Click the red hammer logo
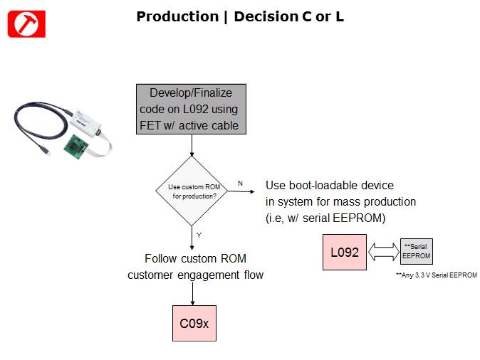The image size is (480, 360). point(26,24)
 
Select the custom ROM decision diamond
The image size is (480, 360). point(192,189)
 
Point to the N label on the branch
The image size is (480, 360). point(240,184)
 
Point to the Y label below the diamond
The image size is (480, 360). point(199,234)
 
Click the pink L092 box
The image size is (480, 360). point(345,252)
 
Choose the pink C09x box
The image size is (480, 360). point(194,324)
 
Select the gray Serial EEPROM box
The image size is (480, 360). point(416,251)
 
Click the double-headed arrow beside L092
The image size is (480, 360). point(384,252)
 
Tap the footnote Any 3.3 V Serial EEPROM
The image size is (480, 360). point(436,275)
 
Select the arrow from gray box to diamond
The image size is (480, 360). point(192,145)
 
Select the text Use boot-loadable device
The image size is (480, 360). point(329,186)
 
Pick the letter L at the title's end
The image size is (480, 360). point(339,16)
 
